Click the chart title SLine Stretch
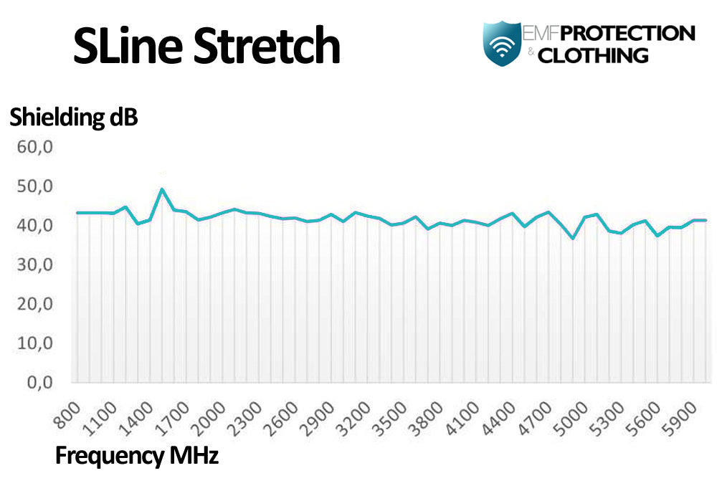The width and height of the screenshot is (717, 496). [206, 47]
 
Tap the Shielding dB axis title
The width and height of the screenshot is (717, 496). [73, 118]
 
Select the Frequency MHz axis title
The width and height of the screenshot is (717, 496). [136, 455]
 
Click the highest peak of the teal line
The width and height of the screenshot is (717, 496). [162, 189]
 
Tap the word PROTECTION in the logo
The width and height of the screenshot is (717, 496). [627, 33]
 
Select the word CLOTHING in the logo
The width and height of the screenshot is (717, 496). [592, 55]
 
